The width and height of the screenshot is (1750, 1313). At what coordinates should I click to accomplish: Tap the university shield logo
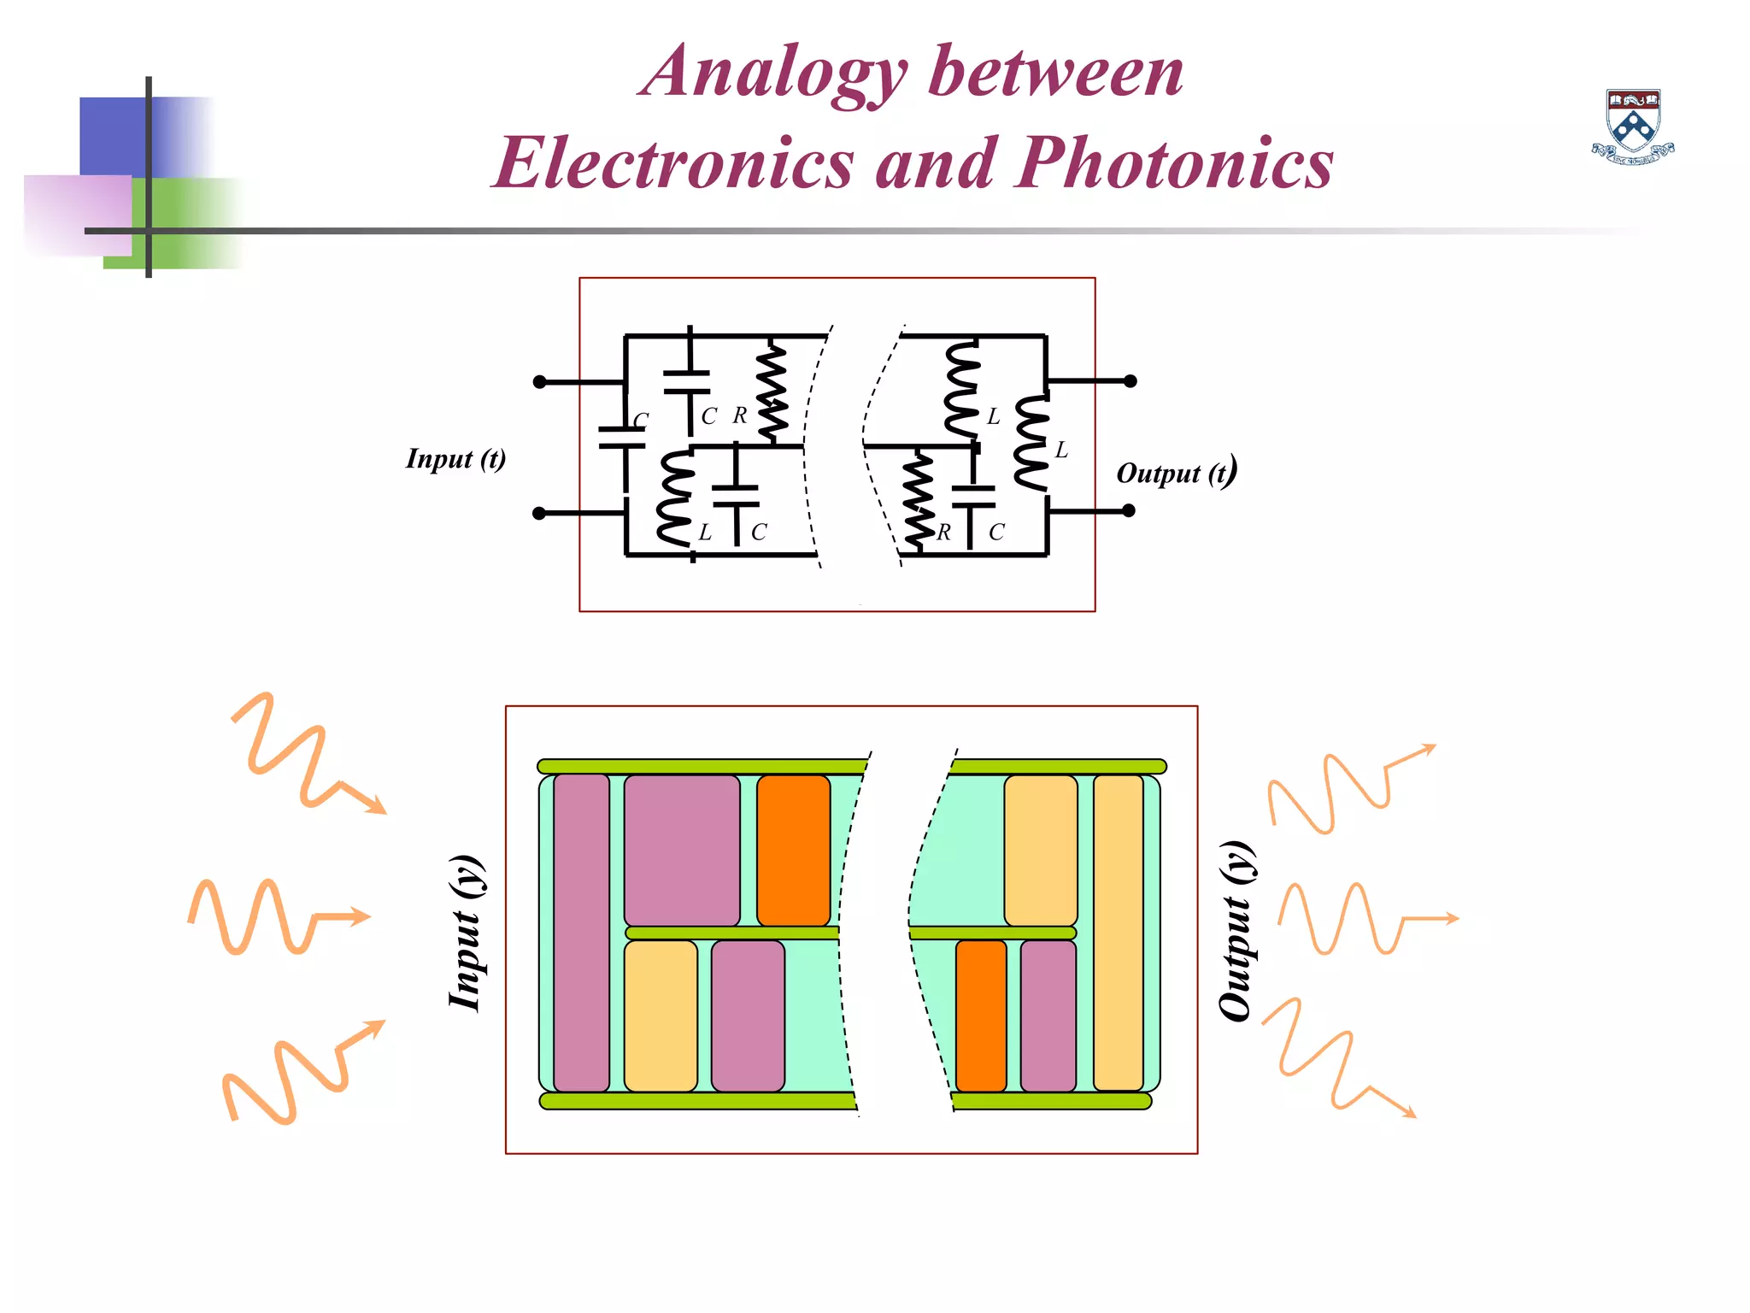[1633, 125]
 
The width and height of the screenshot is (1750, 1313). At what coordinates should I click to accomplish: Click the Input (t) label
[455, 459]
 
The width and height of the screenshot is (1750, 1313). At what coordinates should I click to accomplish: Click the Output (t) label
[1176, 473]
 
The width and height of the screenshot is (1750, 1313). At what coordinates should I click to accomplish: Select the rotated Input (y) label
[467, 933]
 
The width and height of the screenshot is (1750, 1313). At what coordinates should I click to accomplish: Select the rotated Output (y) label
[1236, 931]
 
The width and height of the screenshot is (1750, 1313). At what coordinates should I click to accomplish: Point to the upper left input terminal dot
[539, 382]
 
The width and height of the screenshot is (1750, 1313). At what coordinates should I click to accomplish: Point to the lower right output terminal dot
[1129, 510]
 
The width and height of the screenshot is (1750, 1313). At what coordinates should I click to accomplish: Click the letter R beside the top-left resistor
[739, 415]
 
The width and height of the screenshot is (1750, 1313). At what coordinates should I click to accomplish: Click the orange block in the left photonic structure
[793, 850]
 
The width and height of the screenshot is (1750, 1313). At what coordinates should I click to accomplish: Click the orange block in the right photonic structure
[980, 1016]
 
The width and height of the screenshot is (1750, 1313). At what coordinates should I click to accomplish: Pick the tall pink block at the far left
[581, 933]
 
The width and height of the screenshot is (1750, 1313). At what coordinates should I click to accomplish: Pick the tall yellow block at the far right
[1118, 933]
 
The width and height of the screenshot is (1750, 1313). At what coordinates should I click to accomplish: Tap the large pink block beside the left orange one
[681, 850]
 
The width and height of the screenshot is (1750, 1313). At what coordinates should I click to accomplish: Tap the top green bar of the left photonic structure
[701, 767]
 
